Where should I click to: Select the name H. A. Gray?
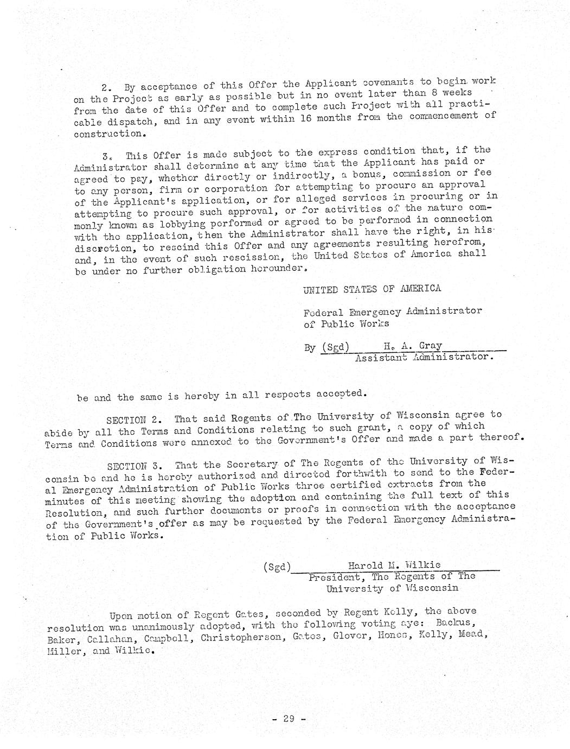coord(412,346)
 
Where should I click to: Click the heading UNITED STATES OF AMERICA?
coord(372,288)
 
